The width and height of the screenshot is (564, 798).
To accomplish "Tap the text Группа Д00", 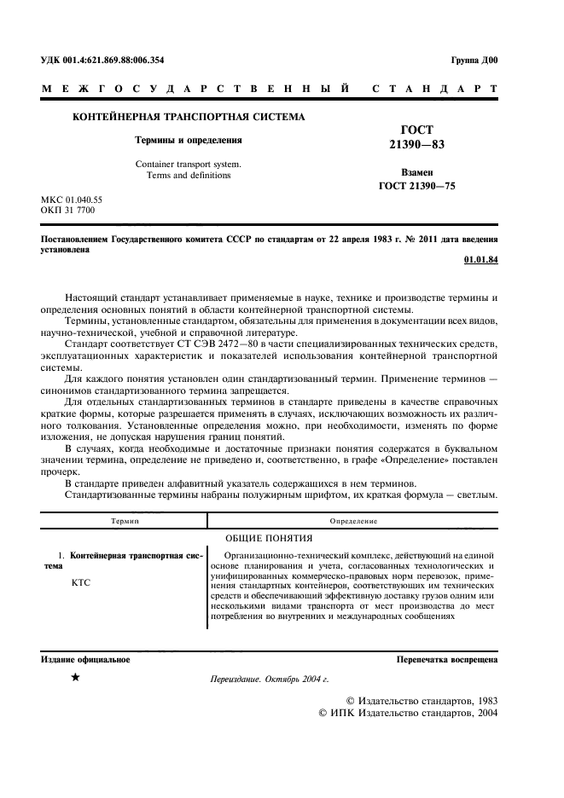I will [474, 60].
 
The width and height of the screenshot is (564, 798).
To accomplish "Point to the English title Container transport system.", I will [189, 164].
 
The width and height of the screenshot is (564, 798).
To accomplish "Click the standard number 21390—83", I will [416, 145].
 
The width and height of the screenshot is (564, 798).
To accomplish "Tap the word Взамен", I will [416, 171].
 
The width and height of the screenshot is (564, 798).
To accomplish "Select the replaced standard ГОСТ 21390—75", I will [416, 185].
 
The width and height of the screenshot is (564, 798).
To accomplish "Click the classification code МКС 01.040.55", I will [72, 199].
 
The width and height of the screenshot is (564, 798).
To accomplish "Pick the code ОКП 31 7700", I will [68, 210].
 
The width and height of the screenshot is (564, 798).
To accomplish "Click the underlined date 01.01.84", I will [480, 259].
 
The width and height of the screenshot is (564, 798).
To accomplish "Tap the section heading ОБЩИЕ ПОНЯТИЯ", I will [269, 538].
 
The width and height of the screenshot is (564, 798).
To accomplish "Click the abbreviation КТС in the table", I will [78, 582].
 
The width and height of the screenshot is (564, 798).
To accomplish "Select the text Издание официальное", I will [85, 659].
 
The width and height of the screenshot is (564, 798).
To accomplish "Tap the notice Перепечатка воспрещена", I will [446, 659].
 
